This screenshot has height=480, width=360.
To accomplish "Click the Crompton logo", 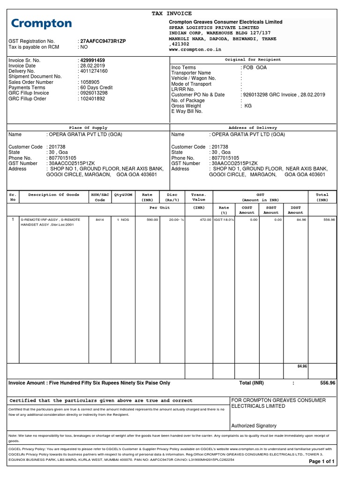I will pyautogui.click(x=42, y=23).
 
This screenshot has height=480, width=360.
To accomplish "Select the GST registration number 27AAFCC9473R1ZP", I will pyautogui.click(x=103, y=41).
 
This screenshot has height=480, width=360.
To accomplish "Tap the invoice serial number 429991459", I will pyautogui.click(x=92, y=60).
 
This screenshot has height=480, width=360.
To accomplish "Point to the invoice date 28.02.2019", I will pyautogui.click(x=93, y=66).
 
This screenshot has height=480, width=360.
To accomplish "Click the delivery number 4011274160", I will pyautogui.click(x=94, y=71).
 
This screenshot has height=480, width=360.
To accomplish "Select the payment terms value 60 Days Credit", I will pyautogui.click(x=97, y=88).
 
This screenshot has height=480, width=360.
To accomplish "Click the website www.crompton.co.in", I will pyautogui.click(x=195, y=49).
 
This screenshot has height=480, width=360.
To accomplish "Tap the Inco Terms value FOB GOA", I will pyautogui.click(x=255, y=68).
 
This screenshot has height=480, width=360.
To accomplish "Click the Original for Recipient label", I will pyautogui.click(x=253, y=60).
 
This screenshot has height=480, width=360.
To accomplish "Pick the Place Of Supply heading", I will pyautogui.click(x=88, y=127).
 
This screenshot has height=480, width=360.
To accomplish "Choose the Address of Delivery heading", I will pyautogui.click(x=253, y=127).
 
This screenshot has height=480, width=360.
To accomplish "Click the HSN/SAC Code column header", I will pyautogui.click(x=100, y=197).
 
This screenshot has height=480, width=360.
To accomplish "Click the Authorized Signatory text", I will pyautogui.click(x=254, y=426).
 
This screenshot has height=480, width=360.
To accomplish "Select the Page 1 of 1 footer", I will pyautogui.click(x=322, y=462).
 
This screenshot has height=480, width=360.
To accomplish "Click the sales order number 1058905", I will pyautogui.click(x=90, y=82).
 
